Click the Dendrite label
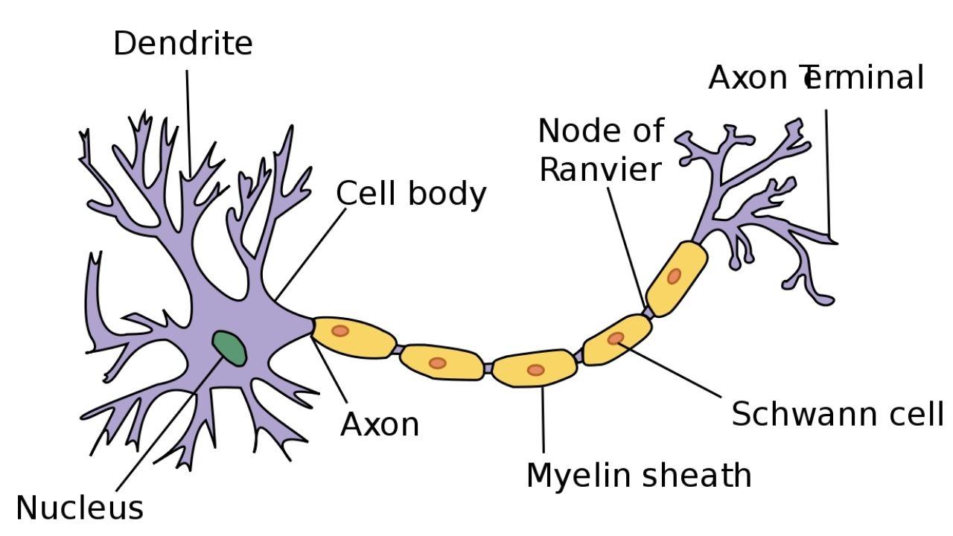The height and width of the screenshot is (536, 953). [x=182, y=43]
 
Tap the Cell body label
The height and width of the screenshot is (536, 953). [x=411, y=194]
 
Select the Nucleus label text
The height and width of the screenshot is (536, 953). [x=79, y=508]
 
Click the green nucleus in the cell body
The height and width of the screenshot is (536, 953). [x=229, y=348]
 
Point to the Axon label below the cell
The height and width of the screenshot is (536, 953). [x=380, y=425]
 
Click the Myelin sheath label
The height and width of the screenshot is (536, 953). [x=639, y=475]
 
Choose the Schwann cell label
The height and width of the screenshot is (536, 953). [x=837, y=413]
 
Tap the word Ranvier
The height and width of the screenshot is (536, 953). [x=599, y=170]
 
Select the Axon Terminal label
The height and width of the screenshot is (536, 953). [x=815, y=77]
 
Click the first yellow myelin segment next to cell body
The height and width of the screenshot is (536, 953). [x=354, y=336]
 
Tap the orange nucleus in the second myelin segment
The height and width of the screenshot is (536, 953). [x=438, y=363]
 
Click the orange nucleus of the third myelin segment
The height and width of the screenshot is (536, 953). [x=535, y=370]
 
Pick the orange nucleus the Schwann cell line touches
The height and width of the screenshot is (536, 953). [x=615, y=339]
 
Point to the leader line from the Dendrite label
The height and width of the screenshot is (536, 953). [x=188, y=119]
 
